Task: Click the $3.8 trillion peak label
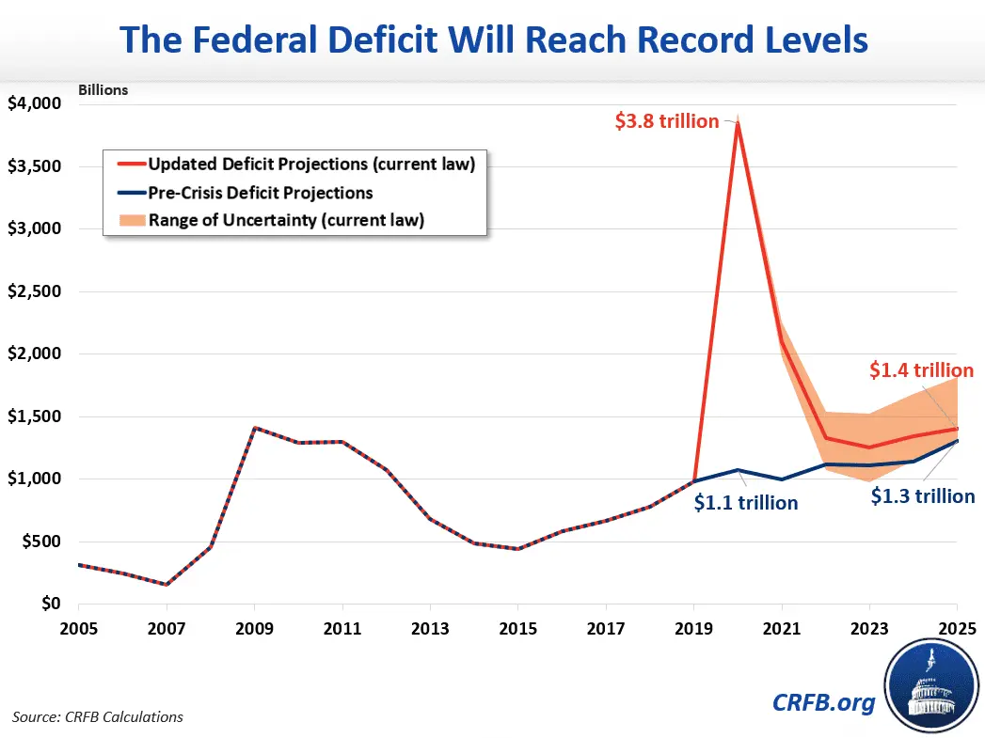pos(666,121)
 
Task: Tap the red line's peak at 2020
pos(739,123)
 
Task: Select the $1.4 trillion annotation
pos(919,371)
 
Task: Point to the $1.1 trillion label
pos(745,503)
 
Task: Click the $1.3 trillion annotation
pos(922,496)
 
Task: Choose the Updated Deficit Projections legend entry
pos(310,164)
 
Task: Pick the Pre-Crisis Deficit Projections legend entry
pos(260,193)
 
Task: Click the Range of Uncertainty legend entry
pos(285,221)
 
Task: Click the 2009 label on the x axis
pos(254,627)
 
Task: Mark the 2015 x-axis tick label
pos(517,627)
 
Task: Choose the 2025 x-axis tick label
pos(956,627)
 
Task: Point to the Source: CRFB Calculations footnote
pos(98,716)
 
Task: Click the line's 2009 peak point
pos(254,428)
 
